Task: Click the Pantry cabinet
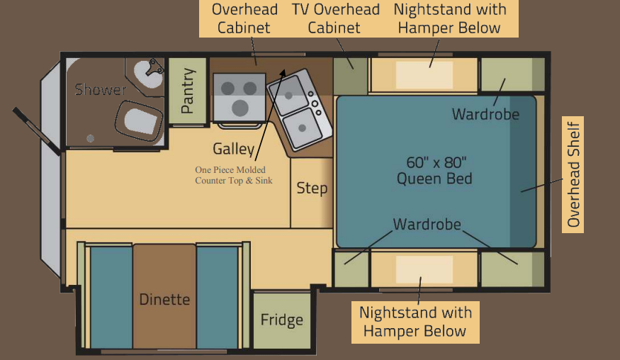pos(188,91)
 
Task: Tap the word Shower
pos(101,90)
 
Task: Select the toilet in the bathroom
pos(139,120)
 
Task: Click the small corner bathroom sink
pos(148,74)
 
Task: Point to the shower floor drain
pos(90,138)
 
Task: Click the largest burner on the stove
pos(239,108)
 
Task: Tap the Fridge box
pos(282,321)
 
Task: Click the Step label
pos(312,189)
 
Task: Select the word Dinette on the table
pos(164,300)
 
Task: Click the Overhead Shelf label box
pos(573,174)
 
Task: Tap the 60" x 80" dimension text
pos(436,162)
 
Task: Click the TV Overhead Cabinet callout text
pos(336,18)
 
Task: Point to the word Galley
pos(234,149)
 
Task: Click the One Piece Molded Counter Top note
pos(234,175)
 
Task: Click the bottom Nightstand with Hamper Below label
pos(415,322)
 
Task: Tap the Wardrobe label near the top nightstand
pos(485,114)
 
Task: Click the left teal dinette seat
pos(111,297)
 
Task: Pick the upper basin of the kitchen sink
pos(289,94)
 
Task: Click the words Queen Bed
pos(434,179)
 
